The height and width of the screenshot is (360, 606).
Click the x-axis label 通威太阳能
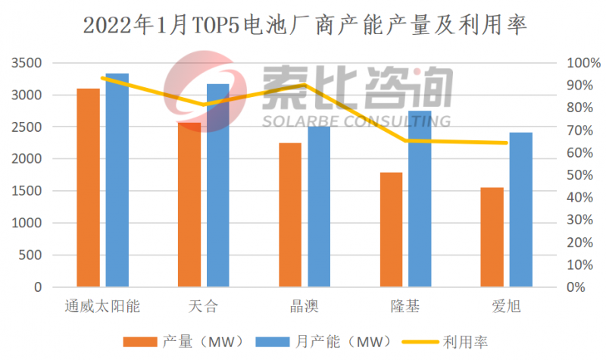[x=102, y=306]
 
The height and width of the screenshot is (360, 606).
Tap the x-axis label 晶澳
[x=304, y=306]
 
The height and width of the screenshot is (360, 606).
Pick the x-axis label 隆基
[x=405, y=306]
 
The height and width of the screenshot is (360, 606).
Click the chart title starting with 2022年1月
[x=303, y=26]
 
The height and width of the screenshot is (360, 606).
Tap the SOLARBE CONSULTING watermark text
[x=356, y=121]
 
